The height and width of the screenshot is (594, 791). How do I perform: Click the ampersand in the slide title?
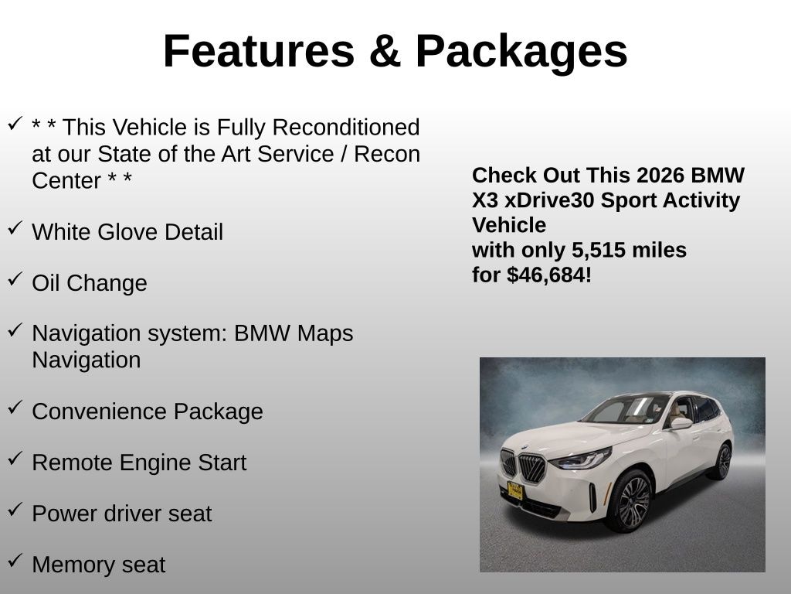pos(385,51)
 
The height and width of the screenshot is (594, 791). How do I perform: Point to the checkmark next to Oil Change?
pos(15,278)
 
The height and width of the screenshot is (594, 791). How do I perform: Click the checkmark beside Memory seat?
pos(15,559)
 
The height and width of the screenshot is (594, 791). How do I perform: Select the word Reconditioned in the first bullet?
pos(346,128)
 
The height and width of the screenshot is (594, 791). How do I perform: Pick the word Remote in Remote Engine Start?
pos(72,463)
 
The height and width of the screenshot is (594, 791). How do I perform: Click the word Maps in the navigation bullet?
pos(325,333)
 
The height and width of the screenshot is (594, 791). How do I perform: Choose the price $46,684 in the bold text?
pos(546,275)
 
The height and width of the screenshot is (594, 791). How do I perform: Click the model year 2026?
pos(660,176)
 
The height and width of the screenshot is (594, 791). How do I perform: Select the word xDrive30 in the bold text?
pos(550,200)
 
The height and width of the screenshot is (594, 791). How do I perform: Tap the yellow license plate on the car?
pos(515,490)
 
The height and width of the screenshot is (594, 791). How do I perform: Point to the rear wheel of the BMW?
pos(723,461)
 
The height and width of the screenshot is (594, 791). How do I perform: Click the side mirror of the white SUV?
pos(681,423)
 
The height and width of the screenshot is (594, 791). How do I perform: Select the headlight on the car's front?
pos(580,459)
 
